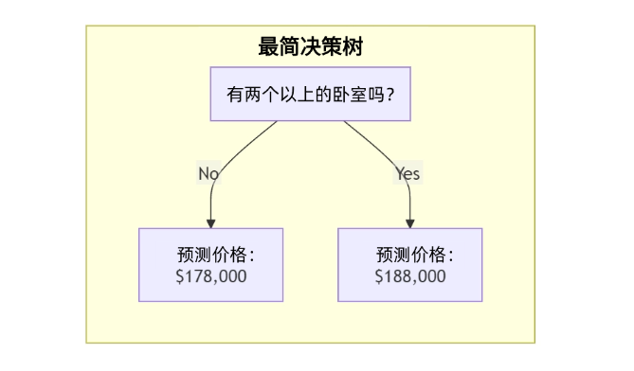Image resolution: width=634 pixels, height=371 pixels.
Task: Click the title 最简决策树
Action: (310, 46)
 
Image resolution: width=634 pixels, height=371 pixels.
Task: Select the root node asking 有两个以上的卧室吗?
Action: (310, 94)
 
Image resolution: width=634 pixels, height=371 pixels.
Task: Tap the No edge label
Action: (208, 173)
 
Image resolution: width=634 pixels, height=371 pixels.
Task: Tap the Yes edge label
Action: (408, 173)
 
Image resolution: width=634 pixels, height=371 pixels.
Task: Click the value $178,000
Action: (210, 276)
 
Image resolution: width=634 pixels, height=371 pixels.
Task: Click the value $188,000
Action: (409, 276)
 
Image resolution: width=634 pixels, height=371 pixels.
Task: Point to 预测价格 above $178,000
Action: (210, 256)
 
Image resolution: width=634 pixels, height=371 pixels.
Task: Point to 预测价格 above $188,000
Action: (410, 256)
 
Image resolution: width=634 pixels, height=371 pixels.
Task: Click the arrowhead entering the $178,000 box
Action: (210, 222)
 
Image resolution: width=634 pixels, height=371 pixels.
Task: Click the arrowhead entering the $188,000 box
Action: (410, 222)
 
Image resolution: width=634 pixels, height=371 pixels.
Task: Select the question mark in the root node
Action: (389, 95)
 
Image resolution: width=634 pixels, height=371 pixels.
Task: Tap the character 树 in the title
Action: (352, 46)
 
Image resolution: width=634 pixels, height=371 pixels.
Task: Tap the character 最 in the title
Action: (268, 46)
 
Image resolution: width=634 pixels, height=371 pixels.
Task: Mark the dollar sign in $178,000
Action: (180, 276)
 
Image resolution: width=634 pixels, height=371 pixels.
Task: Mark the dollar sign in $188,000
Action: (379, 276)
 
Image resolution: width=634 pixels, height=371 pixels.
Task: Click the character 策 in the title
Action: (331, 46)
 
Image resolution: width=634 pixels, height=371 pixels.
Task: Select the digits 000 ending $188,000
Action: (431, 276)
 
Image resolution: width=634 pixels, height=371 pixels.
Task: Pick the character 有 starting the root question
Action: (234, 95)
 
